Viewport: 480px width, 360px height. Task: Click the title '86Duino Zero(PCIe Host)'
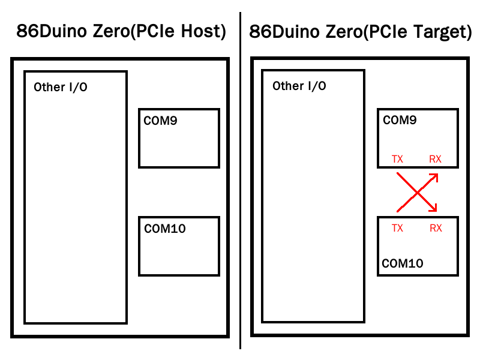point(121,32)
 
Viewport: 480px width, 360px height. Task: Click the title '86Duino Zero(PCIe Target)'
point(360,32)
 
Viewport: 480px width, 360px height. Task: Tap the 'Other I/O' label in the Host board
point(61,87)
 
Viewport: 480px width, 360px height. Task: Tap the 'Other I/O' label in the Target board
point(299,86)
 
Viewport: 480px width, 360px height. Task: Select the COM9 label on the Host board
point(161,120)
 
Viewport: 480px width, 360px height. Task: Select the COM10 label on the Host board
point(164,228)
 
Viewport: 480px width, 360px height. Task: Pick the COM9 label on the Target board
point(400,120)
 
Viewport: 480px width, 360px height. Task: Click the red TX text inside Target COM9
point(397,159)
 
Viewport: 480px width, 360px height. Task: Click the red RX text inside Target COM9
point(435,159)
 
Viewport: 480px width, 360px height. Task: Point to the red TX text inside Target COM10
point(397,228)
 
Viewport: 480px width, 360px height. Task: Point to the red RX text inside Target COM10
point(436,228)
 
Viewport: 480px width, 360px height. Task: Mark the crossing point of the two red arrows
point(416,193)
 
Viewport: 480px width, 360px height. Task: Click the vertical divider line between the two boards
point(240,180)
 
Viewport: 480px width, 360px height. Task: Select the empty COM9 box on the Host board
point(179,144)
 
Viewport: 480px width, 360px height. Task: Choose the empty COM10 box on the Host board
point(179,252)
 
